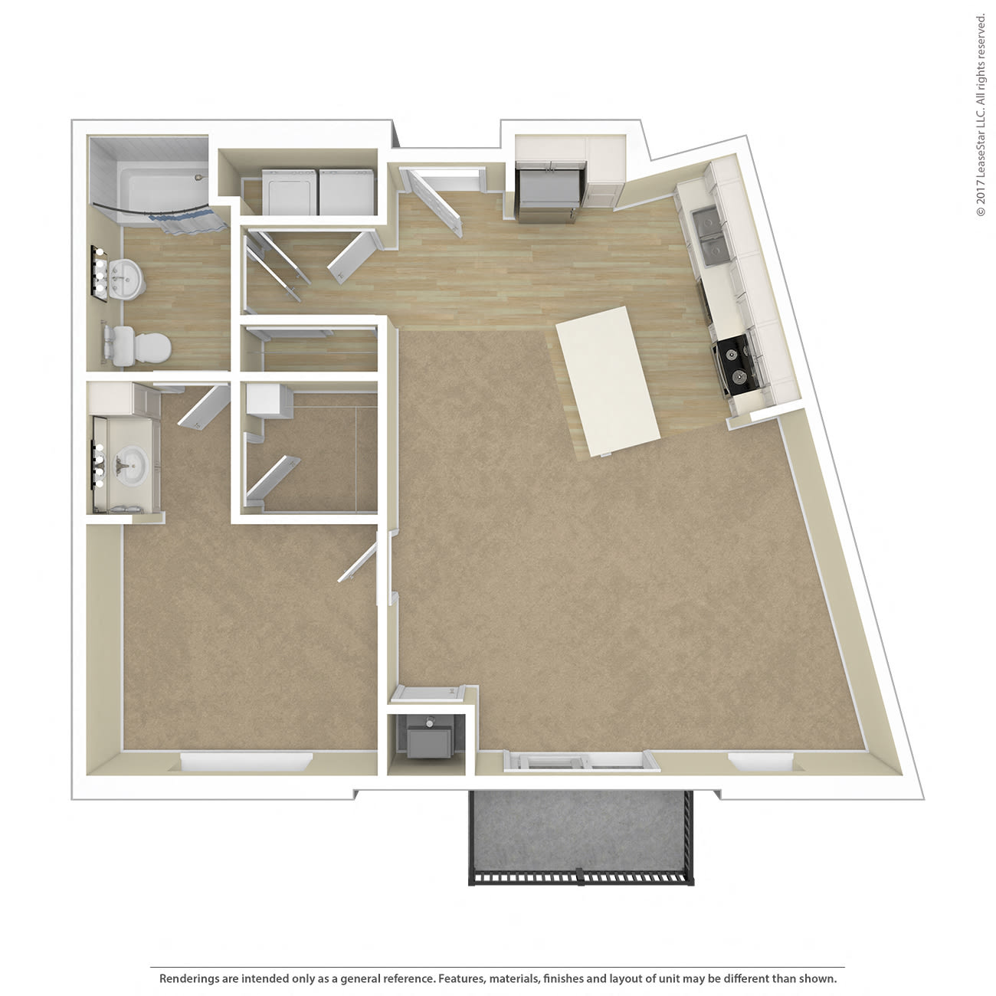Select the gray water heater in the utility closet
430,739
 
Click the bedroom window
246,763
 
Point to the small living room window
760,762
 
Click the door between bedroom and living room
360,558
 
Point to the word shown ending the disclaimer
818,978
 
